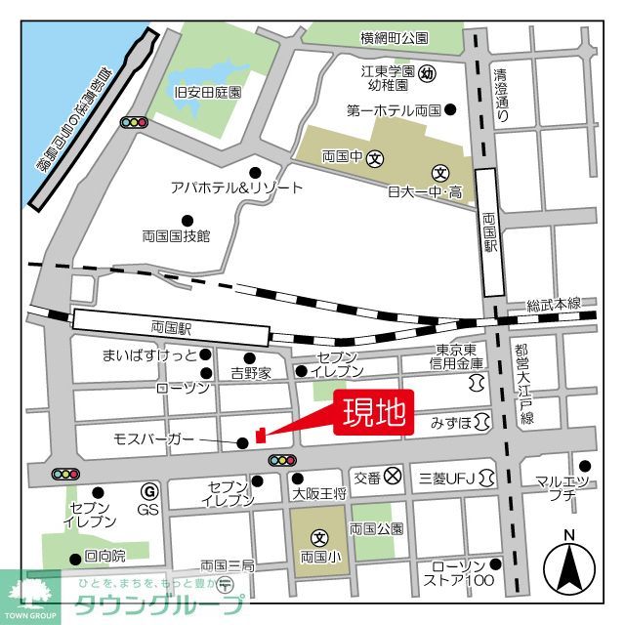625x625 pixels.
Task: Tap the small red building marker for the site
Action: pyautogui.click(x=260, y=435)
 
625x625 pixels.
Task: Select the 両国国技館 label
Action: pyautogui.click(x=176, y=235)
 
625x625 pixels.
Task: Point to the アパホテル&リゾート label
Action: pyautogui.click(x=236, y=188)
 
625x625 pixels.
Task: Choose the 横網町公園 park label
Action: pyautogui.click(x=394, y=38)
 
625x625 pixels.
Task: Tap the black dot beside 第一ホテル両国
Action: pyautogui.click(x=449, y=109)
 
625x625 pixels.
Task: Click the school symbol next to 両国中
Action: pyautogui.click(x=375, y=157)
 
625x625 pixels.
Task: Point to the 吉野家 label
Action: pyautogui.click(x=251, y=373)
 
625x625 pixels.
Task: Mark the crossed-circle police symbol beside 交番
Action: pyautogui.click(x=393, y=477)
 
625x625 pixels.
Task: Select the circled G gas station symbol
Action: pyautogui.click(x=149, y=490)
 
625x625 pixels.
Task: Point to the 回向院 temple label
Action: pyautogui.click(x=104, y=557)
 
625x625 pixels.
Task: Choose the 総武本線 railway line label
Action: pyautogui.click(x=553, y=305)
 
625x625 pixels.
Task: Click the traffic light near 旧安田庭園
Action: pyautogui.click(x=133, y=122)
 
